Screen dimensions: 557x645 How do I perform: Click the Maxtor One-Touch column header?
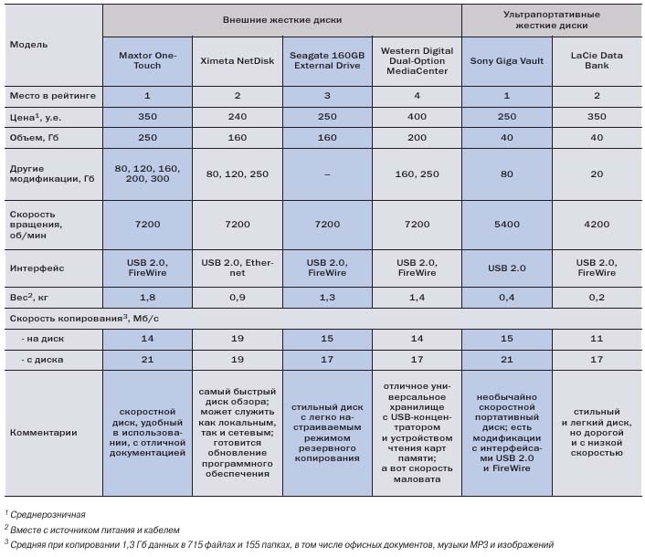point(146,60)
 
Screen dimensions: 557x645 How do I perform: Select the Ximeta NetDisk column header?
point(237,60)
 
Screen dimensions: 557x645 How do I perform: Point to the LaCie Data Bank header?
point(596,60)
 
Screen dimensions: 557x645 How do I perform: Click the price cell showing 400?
point(417,119)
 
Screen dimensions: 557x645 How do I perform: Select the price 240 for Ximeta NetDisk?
point(237,119)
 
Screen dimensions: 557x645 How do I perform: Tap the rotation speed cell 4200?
point(596,224)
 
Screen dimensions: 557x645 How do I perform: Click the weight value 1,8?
point(146,297)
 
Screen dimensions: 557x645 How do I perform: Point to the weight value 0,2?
point(596,297)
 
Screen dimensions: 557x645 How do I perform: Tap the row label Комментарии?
point(43,433)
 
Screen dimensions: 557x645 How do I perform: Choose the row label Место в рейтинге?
point(52,95)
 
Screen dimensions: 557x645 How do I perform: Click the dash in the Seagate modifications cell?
point(326,174)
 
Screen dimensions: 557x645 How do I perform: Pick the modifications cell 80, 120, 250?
point(237,174)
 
